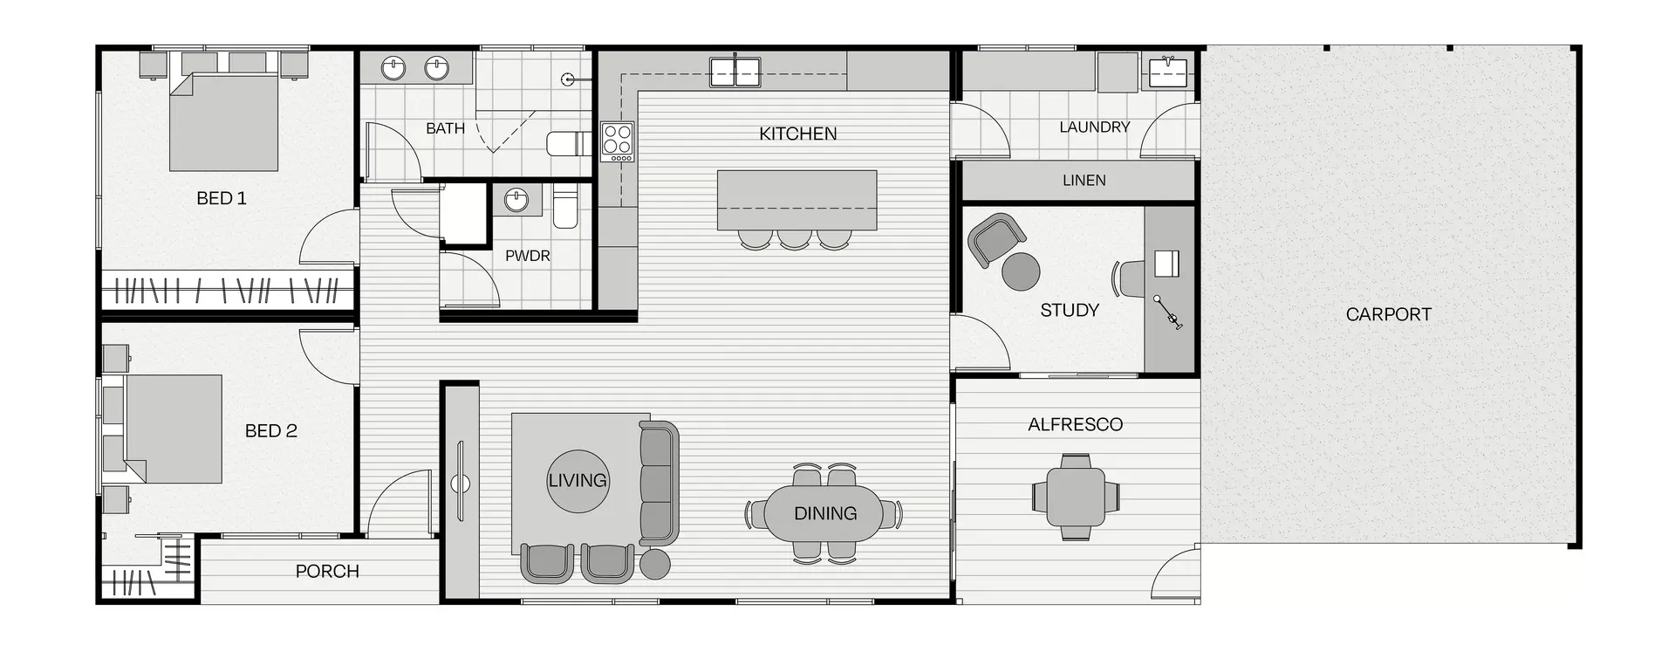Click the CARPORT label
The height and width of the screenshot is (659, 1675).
click(x=1388, y=314)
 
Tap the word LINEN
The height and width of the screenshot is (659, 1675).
click(x=1084, y=181)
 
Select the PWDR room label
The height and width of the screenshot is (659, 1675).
click(x=527, y=257)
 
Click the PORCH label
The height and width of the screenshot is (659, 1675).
click(x=327, y=572)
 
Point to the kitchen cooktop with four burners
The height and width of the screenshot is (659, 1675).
click(x=618, y=141)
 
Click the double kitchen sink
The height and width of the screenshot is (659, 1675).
click(x=735, y=72)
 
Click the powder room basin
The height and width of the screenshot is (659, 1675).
click(x=516, y=201)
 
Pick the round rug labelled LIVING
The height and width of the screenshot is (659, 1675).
click(x=578, y=481)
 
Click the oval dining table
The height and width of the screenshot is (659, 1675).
click(x=824, y=513)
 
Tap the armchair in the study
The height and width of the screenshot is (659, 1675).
click(x=995, y=239)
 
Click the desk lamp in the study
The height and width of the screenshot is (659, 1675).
click(x=1168, y=312)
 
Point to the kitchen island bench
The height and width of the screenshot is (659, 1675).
click(x=796, y=199)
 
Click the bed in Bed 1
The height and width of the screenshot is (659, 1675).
click(x=223, y=122)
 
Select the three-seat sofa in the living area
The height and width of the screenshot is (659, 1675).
click(x=659, y=481)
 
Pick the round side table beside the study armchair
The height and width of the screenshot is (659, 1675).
click(x=1021, y=271)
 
